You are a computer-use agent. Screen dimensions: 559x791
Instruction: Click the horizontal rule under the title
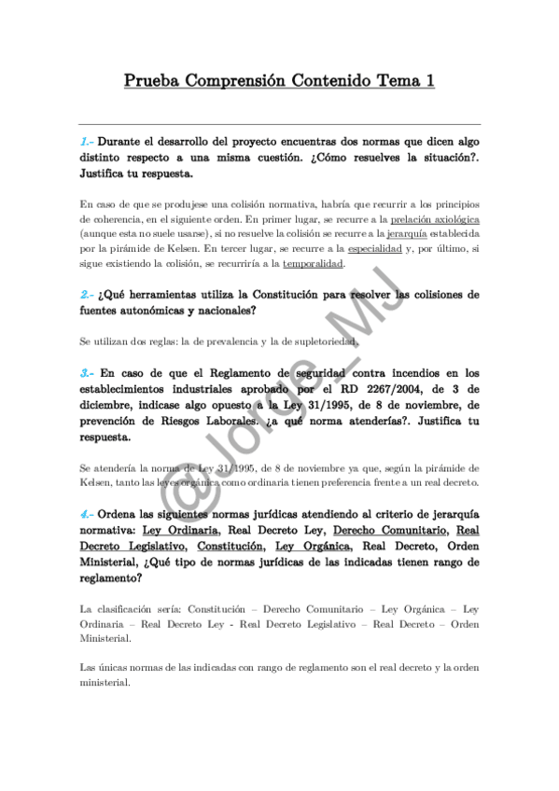point(279,124)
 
